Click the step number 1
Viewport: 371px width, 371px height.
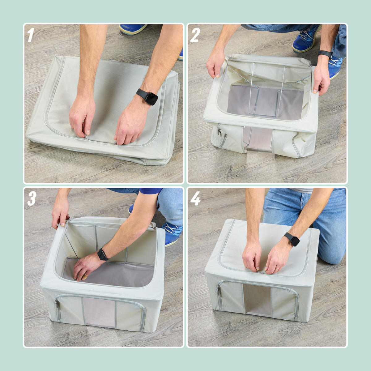[31, 35]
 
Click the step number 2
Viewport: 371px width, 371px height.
[195, 35]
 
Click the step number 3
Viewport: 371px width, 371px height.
[32, 198]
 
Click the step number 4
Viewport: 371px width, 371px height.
[195, 198]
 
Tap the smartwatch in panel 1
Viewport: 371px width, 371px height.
[148, 97]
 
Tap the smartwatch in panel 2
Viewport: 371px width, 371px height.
[325, 54]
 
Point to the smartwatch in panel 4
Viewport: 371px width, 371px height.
[292, 239]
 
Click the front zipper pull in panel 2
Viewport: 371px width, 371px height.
[219, 130]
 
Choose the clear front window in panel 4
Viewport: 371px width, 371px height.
[258, 300]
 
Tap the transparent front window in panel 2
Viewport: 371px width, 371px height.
[258, 138]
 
